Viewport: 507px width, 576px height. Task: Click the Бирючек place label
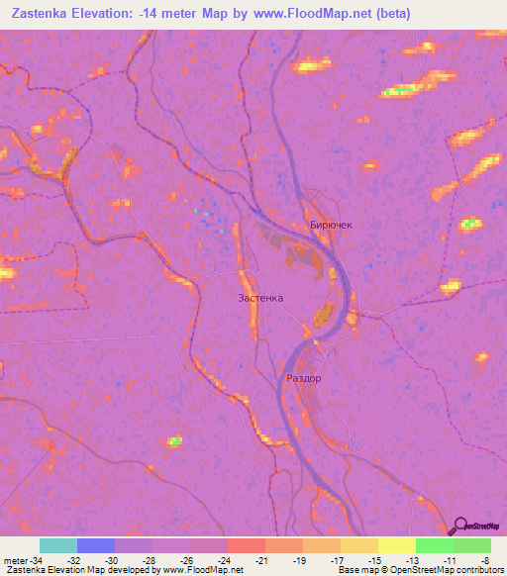pyautogui.click(x=331, y=225)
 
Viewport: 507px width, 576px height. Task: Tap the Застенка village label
pyautogui.click(x=260, y=297)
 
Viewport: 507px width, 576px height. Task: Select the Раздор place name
pyautogui.click(x=303, y=378)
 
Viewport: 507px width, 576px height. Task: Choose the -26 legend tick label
pyautogui.click(x=186, y=559)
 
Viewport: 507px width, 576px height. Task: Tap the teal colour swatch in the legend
pyautogui.click(x=58, y=545)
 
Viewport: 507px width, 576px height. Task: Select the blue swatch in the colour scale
pyautogui.click(x=96, y=545)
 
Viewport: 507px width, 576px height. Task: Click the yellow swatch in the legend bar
pyautogui.click(x=396, y=545)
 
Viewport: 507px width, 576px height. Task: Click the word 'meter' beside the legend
pyautogui.click(x=14, y=559)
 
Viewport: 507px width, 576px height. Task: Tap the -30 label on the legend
pyautogui.click(x=111, y=559)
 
